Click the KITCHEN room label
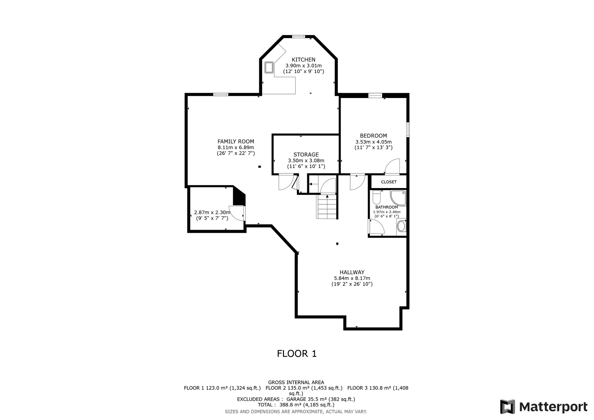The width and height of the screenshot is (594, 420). (x=303, y=60)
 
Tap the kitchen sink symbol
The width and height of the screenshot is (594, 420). (x=269, y=67)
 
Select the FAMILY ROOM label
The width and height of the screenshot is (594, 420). (x=236, y=142)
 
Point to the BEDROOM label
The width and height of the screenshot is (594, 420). (x=373, y=136)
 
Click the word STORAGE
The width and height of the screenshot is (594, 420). (x=306, y=155)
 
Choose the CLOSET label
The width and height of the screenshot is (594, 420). (x=389, y=182)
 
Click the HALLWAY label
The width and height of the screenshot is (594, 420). (x=352, y=272)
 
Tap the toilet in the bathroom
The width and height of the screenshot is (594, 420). (x=377, y=197)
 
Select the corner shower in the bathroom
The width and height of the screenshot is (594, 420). (x=398, y=198)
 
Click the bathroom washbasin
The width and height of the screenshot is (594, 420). (x=401, y=226)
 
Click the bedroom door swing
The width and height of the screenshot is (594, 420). (x=392, y=166)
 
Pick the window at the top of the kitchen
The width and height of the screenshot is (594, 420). (x=299, y=36)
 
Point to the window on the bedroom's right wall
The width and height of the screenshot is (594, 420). (x=408, y=130)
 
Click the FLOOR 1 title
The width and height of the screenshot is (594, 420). (x=297, y=354)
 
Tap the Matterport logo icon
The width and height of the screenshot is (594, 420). (x=508, y=407)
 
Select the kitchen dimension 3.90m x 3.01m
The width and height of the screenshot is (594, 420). (x=303, y=66)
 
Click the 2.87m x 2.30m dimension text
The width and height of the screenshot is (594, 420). (x=212, y=212)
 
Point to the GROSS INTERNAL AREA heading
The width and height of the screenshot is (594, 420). (x=296, y=383)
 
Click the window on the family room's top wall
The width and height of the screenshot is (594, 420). (x=221, y=94)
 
